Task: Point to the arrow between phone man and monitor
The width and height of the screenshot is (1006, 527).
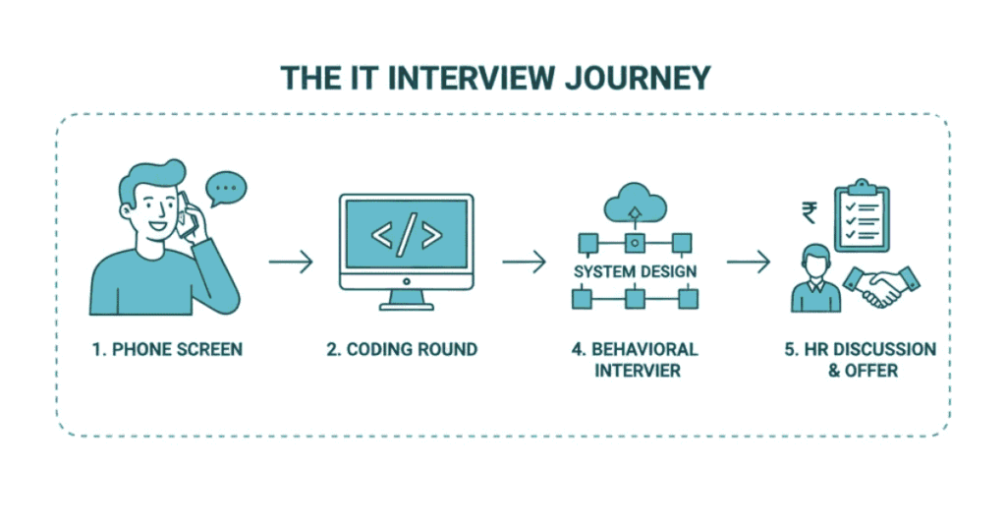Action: tap(291, 263)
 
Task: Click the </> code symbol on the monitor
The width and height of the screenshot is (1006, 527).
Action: tap(406, 236)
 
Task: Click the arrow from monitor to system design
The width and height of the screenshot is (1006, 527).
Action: tap(524, 263)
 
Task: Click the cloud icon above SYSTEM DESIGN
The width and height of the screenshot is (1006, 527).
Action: tap(635, 204)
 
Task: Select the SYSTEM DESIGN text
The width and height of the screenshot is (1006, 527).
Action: tap(635, 270)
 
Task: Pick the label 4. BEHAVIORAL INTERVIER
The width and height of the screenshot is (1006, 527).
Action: tap(635, 360)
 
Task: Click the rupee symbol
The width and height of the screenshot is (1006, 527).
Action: tap(809, 213)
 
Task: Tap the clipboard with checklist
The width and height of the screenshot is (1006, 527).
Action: tap(863, 219)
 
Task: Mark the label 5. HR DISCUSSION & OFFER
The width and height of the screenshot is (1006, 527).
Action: tap(860, 360)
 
